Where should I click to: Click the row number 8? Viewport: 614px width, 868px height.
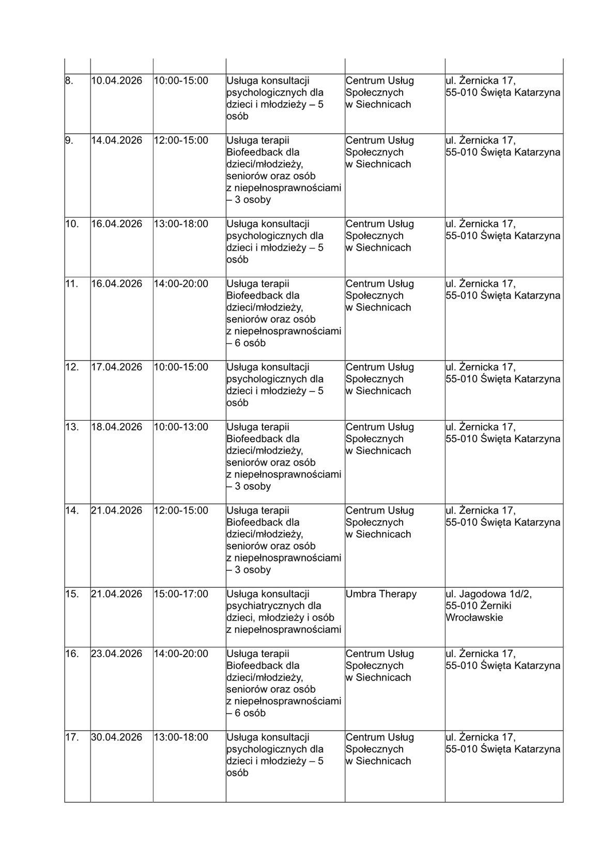(x=69, y=81)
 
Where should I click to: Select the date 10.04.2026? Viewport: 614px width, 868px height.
(x=116, y=81)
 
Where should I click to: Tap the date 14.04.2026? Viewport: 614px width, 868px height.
(x=116, y=141)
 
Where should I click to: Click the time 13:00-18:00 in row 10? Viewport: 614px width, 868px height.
(x=181, y=224)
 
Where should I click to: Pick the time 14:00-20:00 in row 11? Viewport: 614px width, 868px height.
(x=181, y=284)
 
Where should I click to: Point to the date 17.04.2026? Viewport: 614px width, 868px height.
(x=116, y=367)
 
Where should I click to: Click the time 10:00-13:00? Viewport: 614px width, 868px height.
(x=181, y=427)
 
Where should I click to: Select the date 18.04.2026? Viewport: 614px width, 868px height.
(x=116, y=427)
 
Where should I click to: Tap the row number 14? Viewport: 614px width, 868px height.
(x=72, y=510)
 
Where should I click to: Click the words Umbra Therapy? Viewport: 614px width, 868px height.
(x=381, y=594)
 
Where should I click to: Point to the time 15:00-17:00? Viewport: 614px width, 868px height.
(x=181, y=594)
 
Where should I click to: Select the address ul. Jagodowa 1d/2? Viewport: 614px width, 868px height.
(x=488, y=594)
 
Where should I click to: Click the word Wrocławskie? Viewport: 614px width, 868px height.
(x=474, y=618)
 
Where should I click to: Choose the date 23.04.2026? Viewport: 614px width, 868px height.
(x=116, y=654)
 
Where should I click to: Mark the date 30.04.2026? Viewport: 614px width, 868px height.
(x=116, y=737)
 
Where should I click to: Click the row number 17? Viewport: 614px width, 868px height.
(x=72, y=737)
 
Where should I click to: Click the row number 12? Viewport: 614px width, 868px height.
(x=72, y=367)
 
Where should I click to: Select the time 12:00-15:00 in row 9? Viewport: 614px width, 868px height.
(x=181, y=141)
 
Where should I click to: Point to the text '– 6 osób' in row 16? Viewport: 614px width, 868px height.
(x=246, y=714)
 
